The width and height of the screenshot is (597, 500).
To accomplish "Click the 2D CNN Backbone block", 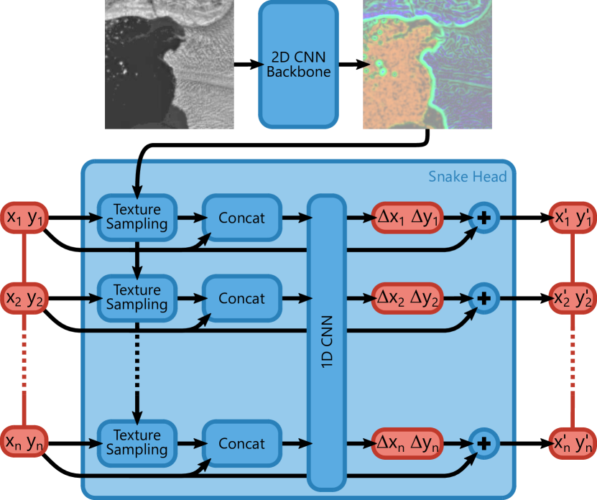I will pyautogui.click(x=297, y=64).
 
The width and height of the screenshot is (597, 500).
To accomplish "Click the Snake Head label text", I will pyautogui.click(x=467, y=177).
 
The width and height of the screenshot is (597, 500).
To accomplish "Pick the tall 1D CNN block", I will pyautogui.click(x=327, y=343).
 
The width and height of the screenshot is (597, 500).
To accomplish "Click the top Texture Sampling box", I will pyautogui.click(x=136, y=216).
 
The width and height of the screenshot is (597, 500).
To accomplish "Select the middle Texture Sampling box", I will pyautogui.click(x=136, y=297).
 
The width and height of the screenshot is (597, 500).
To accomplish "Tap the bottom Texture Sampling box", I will pyautogui.click(x=136, y=443).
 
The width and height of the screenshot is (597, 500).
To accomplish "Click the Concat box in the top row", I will pyautogui.click(x=241, y=218).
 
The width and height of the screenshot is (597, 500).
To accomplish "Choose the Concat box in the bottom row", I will pyautogui.click(x=241, y=444).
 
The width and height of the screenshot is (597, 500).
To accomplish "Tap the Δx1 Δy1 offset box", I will pyautogui.click(x=407, y=217).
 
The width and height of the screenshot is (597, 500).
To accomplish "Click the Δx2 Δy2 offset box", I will pyautogui.click(x=407, y=297).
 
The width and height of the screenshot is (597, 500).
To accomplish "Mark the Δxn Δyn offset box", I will pyautogui.click(x=407, y=443).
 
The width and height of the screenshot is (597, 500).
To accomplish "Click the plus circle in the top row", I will pyautogui.click(x=483, y=218).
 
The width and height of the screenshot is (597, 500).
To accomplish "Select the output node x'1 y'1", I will pyautogui.click(x=573, y=218).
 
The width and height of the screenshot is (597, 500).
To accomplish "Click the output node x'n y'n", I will pyautogui.click(x=573, y=443).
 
